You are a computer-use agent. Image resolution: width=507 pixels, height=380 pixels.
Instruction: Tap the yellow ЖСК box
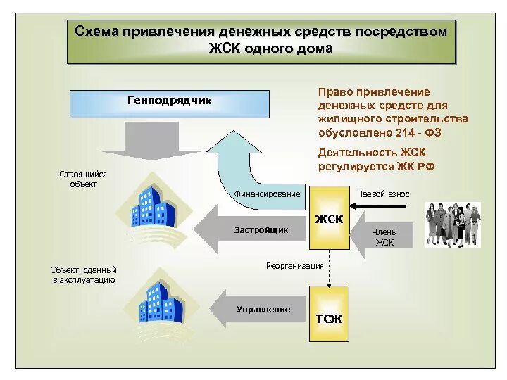(329, 218)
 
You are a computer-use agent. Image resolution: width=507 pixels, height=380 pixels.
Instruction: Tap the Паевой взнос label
(383, 194)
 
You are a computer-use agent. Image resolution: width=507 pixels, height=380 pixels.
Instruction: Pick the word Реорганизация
(294, 265)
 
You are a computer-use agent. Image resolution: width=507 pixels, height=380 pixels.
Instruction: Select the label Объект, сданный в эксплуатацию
(83, 274)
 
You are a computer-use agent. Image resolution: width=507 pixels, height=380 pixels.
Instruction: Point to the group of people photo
(453, 224)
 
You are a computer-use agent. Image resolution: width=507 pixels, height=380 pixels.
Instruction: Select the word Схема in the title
(97, 32)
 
